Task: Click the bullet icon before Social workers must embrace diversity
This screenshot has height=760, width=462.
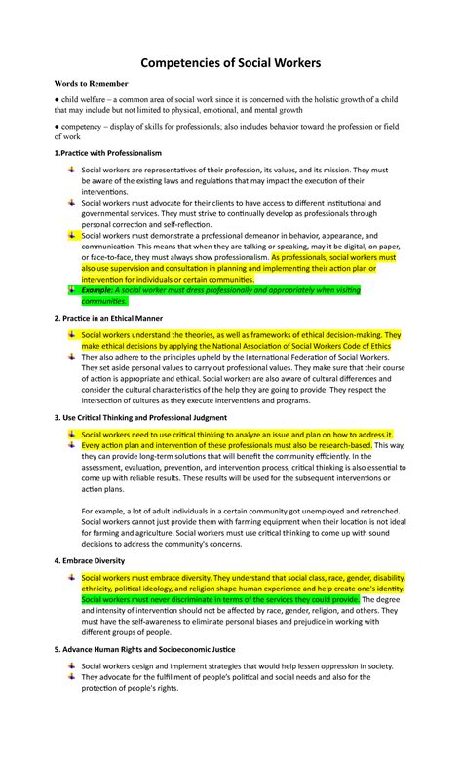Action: click(70, 579)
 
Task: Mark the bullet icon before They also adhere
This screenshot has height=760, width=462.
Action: click(70, 357)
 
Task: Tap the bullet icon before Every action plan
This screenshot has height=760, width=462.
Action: click(70, 445)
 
